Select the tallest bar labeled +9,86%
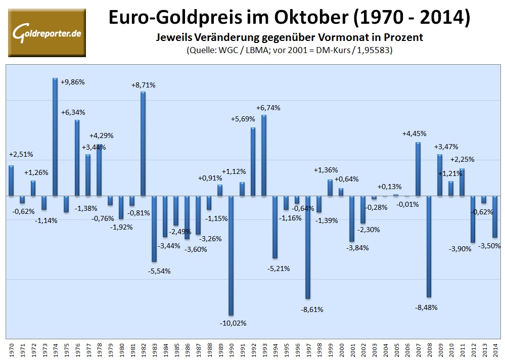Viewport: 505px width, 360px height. pyautogui.click(x=55, y=137)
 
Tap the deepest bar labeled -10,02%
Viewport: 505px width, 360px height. pyautogui.click(x=231, y=255)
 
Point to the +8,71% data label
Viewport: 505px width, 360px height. pyautogui.click(x=143, y=85)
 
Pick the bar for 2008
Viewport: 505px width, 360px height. pyautogui.click(x=429, y=246)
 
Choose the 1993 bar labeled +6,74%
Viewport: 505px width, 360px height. pyautogui.click(x=264, y=155)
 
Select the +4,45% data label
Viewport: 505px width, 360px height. pyautogui.click(x=414, y=133)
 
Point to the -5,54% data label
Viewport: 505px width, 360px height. pyautogui.click(x=159, y=271)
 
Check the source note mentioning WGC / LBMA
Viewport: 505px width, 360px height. pyautogui.click(x=291, y=50)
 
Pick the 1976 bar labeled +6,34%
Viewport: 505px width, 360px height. pyautogui.click(x=77, y=158)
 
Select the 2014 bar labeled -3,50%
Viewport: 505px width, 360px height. pyautogui.click(x=495, y=216)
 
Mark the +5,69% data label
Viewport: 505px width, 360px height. pyautogui.click(x=244, y=119)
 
